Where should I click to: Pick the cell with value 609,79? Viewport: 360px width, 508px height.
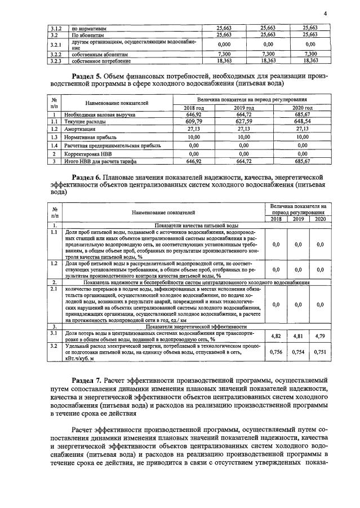194,121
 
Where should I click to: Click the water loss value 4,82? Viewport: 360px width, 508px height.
276,335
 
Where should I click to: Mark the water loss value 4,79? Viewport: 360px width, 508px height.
320,335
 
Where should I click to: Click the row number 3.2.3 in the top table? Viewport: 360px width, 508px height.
55,60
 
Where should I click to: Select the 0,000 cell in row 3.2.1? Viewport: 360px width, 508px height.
224,44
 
